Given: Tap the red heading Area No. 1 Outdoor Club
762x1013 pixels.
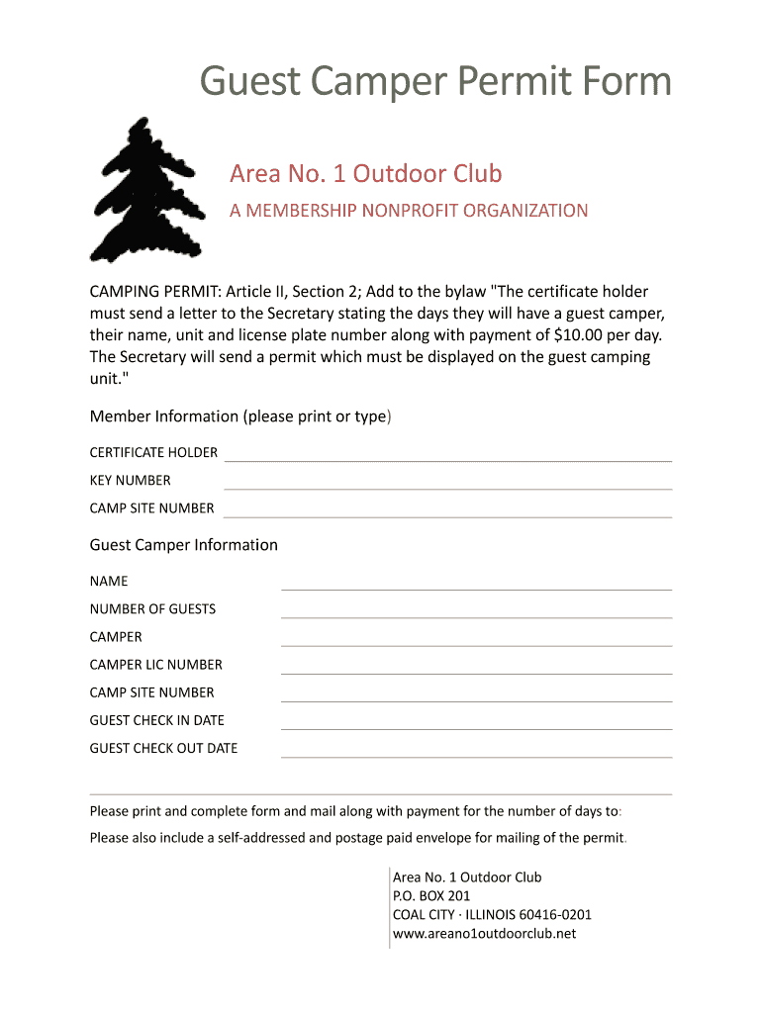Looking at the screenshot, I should [x=365, y=174].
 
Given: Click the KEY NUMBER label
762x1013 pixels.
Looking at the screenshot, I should [x=130, y=481].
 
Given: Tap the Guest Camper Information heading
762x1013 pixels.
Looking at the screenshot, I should [x=183, y=545].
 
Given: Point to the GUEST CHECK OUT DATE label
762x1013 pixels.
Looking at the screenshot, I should [x=163, y=749].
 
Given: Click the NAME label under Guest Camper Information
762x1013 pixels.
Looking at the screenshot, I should [x=109, y=582].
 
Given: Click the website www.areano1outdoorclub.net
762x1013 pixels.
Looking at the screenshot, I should [x=484, y=934].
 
